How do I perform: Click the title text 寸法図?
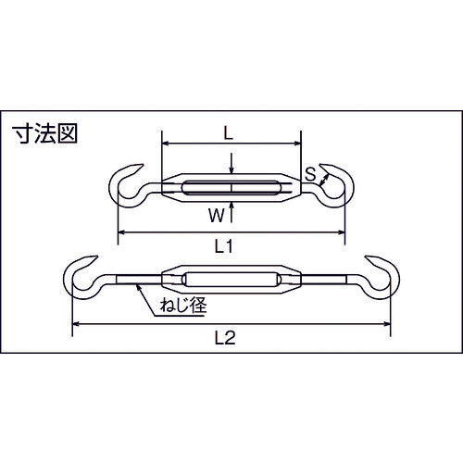[45, 133]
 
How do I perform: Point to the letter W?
[215, 218]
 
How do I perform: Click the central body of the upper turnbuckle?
[231, 189]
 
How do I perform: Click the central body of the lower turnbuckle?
[231, 279]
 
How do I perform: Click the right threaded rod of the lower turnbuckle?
[329, 279]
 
